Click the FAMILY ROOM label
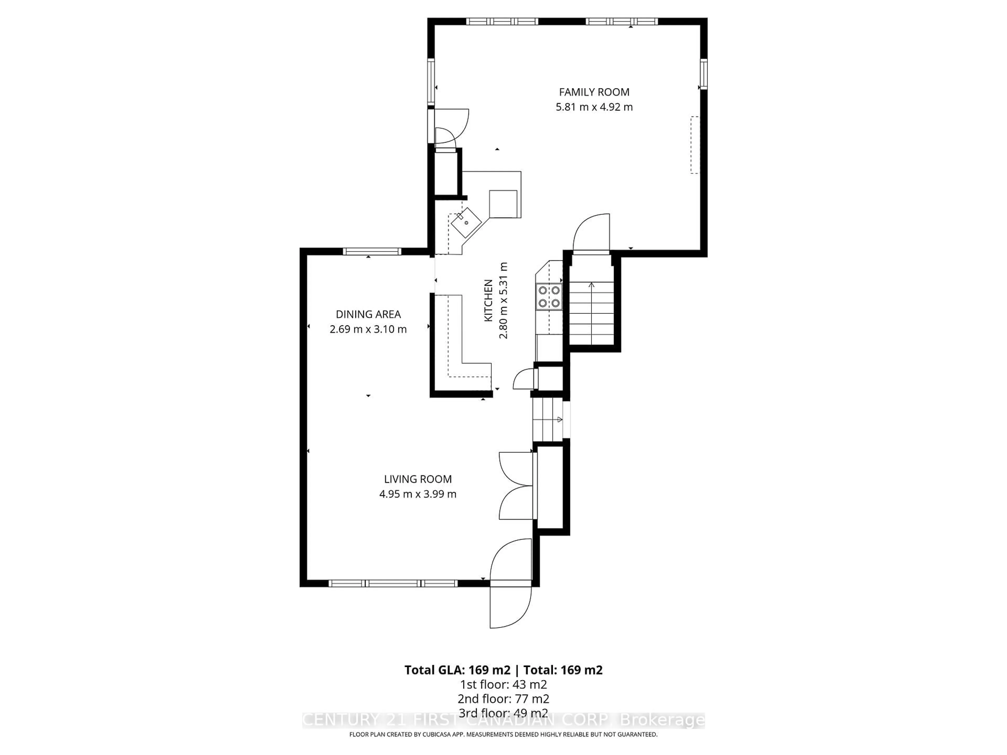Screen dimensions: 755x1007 pyautogui.click(x=594, y=92)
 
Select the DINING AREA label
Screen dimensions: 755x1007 pyautogui.click(x=368, y=314)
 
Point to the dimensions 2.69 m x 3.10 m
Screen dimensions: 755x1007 pyautogui.click(x=368, y=329)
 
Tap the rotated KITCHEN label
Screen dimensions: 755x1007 pyautogui.click(x=488, y=300)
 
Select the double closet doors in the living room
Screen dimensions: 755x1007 pyautogui.click(x=517, y=486)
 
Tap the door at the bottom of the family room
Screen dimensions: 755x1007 pyautogui.click(x=591, y=233)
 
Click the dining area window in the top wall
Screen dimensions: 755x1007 pyautogui.click(x=372, y=251)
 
